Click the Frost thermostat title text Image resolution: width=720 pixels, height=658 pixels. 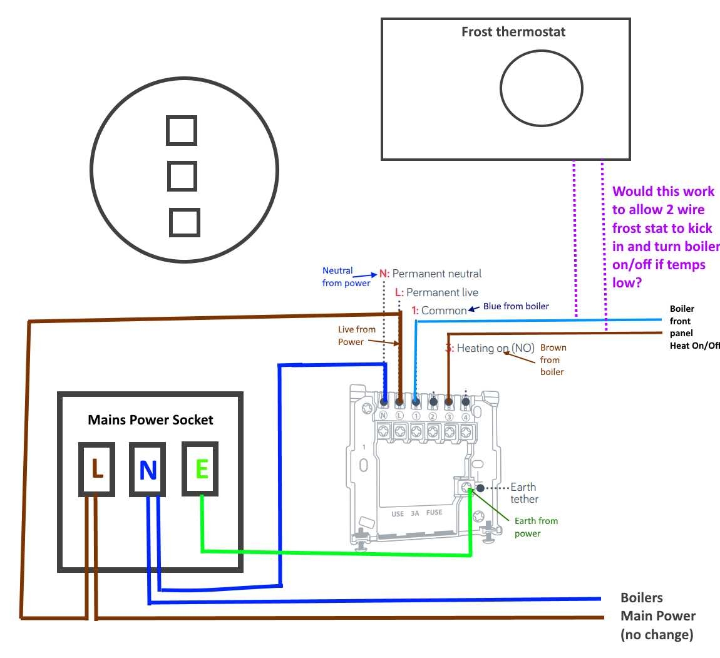tap(513, 32)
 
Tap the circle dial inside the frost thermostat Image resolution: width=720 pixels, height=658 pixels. tap(542, 88)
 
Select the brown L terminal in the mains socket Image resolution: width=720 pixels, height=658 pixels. tap(96, 469)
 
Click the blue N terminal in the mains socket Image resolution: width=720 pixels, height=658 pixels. tap(148, 470)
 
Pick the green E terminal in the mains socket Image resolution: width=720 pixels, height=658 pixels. tap(200, 469)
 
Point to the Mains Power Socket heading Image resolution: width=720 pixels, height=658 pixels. tap(150, 420)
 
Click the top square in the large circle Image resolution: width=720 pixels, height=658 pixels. tap(182, 131)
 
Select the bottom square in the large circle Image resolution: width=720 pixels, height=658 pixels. tap(185, 222)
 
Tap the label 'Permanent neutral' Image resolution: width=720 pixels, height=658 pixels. tap(436, 274)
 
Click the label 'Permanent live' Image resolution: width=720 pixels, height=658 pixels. tap(442, 292)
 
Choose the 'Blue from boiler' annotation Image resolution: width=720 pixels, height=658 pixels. tap(516, 306)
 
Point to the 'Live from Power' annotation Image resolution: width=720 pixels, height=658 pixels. tap(356, 336)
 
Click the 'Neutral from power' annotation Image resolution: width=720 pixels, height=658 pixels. tap(346, 277)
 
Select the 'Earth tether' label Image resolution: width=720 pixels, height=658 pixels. tap(523, 493)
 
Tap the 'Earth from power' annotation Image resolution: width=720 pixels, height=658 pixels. tap(535, 527)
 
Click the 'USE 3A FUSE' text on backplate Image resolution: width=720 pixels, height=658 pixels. tap(416, 513)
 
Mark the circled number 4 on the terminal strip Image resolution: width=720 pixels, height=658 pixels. tap(465, 416)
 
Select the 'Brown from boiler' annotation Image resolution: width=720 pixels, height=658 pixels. tap(552, 359)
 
